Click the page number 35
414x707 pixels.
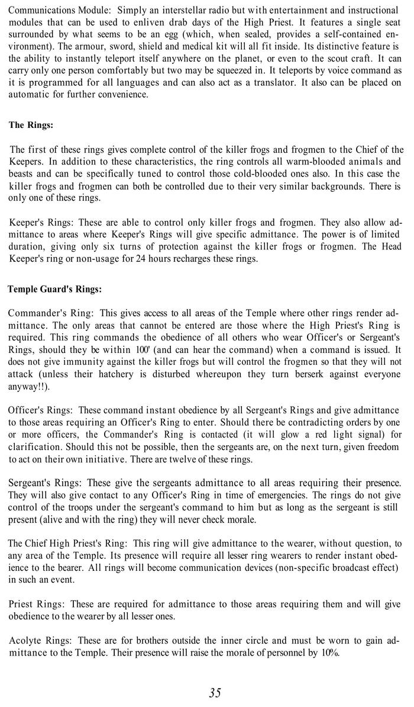pyautogui.click(x=215, y=693)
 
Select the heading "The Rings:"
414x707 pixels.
pyautogui.click(x=31, y=125)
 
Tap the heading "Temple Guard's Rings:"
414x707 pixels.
pyautogui.click(x=54, y=290)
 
